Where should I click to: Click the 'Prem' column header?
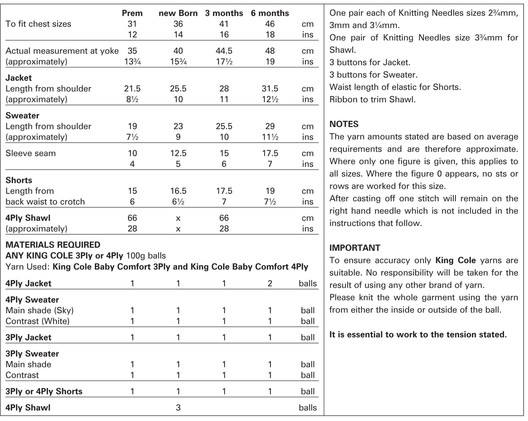[x=132, y=13]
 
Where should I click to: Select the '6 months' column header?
[x=270, y=13]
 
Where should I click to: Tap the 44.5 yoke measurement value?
[x=224, y=51]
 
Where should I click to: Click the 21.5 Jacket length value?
[x=132, y=89]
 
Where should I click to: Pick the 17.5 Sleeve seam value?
[x=270, y=153]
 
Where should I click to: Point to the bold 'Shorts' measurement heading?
[x=19, y=180]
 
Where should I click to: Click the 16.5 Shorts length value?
[x=178, y=191]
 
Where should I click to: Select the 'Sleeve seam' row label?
[x=30, y=153]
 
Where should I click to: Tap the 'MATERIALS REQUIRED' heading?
[x=53, y=245]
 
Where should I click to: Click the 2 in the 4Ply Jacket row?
[x=270, y=283]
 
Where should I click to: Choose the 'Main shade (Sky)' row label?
[x=39, y=310]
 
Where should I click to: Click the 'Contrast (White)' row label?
[x=37, y=321]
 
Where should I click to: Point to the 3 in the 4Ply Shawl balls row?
[x=178, y=407]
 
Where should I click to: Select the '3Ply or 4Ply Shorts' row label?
[x=44, y=391]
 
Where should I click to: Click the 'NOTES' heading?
[x=344, y=124]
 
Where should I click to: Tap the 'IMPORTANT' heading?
[x=354, y=248]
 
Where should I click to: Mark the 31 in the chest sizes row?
[x=132, y=24]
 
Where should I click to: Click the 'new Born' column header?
[x=178, y=13]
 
